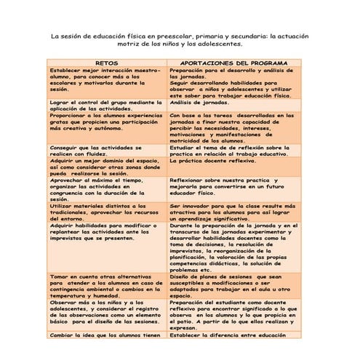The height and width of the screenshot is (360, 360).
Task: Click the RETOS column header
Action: click(x=108, y=63)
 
